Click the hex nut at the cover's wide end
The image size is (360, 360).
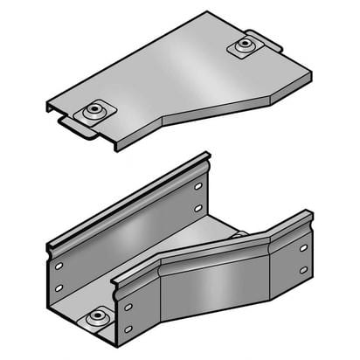[93, 112]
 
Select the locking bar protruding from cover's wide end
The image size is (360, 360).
[77, 130]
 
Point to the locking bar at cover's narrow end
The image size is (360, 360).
[265, 39]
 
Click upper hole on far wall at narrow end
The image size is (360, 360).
[198, 186]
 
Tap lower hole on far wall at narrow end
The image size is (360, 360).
[198, 208]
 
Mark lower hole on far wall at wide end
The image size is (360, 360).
[59, 287]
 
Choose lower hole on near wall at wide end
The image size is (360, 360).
[128, 329]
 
